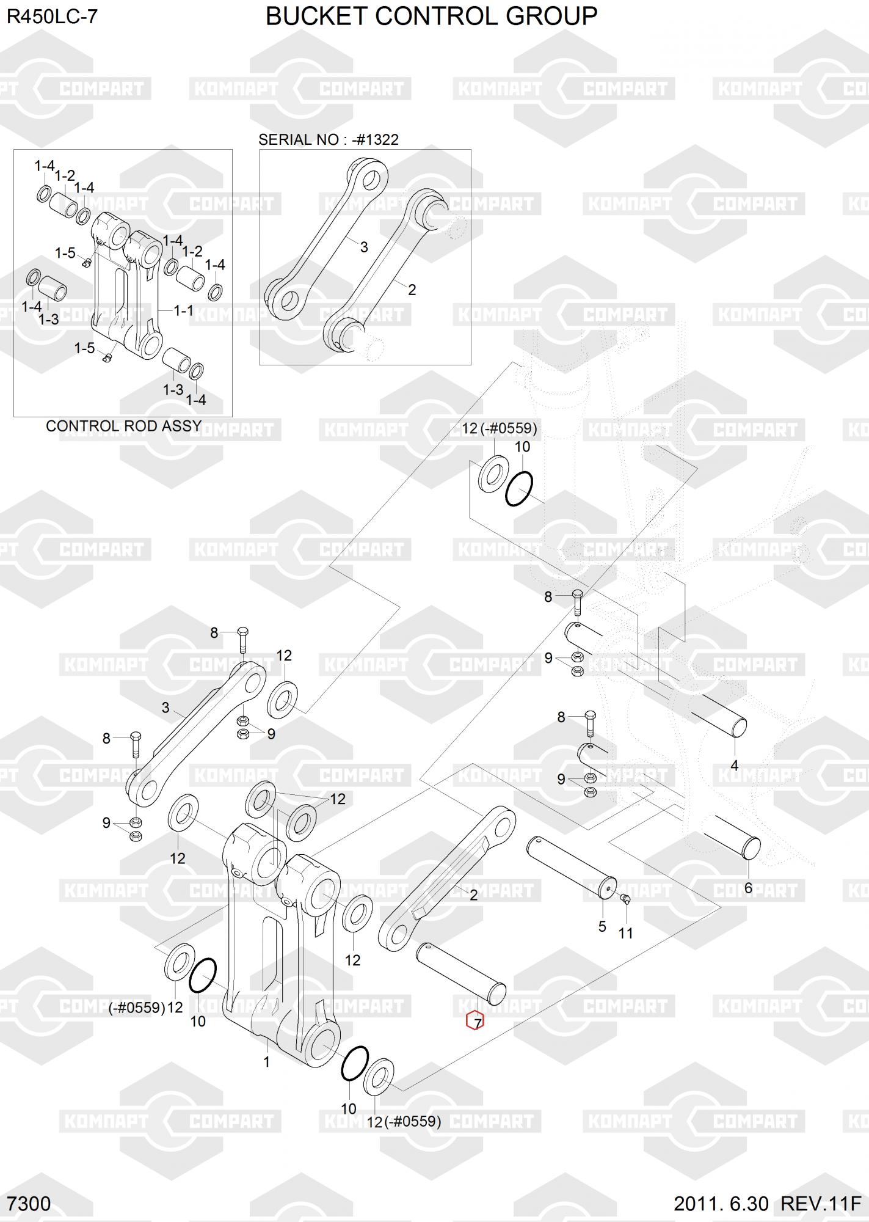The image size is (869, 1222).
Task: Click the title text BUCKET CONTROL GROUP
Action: click(x=431, y=16)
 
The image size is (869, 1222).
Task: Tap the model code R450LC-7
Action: click(x=52, y=17)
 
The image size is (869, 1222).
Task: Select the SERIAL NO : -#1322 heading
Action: click(x=328, y=139)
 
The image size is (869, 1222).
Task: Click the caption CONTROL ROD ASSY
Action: click(x=123, y=426)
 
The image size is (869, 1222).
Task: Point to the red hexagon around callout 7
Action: click(x=474, y=1021)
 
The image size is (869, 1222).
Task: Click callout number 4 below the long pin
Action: click(x=734, y=765)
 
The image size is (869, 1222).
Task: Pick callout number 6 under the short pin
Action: click(x=748, y=888)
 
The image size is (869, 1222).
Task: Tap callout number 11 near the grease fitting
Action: click(x=626, y=933)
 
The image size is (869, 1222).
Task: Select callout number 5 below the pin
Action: click(x=602, y=926)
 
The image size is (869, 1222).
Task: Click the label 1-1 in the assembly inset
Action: click(x=183, y=310)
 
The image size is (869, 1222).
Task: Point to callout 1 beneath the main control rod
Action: click(x=266, y=1062)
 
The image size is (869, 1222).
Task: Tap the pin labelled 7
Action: click(x=460, y=973)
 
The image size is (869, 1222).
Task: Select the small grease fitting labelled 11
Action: click(x=624, y=898)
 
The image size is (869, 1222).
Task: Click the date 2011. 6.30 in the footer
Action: click(x=721, y=1204)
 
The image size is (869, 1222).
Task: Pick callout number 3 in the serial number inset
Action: click(x=364, y=247)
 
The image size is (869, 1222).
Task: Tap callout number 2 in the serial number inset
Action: click(x=412, y=290)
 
